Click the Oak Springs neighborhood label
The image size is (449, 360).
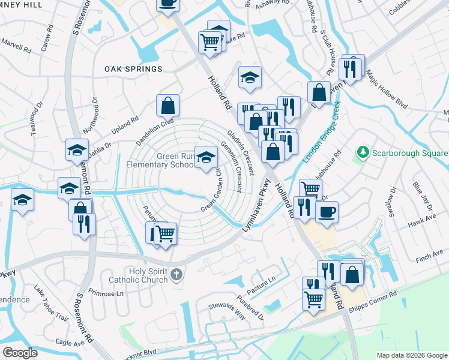tap(133, 69)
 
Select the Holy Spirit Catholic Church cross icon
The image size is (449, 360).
tap(176, 275)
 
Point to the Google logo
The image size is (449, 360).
tap(20, 353)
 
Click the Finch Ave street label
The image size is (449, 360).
tap(427, 259)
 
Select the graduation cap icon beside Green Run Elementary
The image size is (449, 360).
tap(206, 158)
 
